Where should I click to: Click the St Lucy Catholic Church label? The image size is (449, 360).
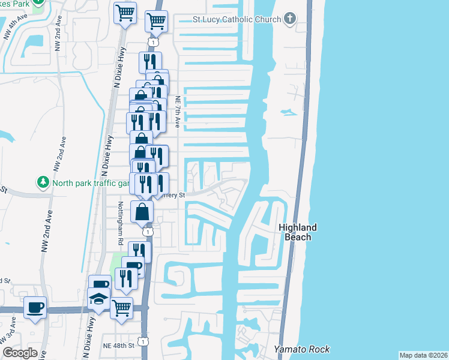tap(237, 19)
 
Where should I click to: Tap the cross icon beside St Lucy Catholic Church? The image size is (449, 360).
tap(290, 19)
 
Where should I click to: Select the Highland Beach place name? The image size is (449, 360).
tap(297, 232)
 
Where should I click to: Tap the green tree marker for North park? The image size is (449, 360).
tap(43, 181)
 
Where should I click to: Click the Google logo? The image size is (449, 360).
tap(20, 353)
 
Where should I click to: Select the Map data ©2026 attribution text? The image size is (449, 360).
tap(424, 355)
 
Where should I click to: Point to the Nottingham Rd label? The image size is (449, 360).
tap(120, 223)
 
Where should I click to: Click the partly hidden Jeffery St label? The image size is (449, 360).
tap(173, 195)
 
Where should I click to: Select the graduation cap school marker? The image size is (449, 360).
tap(98, 298)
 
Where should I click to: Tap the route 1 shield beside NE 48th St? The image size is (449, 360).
tap(142, 341)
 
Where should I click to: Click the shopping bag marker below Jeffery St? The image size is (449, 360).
tap(142, 211)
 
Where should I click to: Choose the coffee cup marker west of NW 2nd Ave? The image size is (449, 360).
tap(35, 307)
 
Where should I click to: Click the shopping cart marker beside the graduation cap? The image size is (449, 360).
tap(122, 308)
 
